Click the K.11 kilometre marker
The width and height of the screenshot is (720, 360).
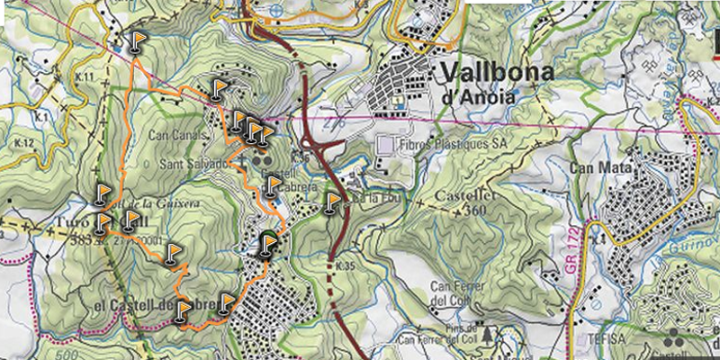(85, 78)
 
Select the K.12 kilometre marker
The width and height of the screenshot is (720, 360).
(23, 144)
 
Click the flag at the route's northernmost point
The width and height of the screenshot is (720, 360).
(136, 40)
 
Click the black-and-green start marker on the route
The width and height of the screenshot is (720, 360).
(266, 244)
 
